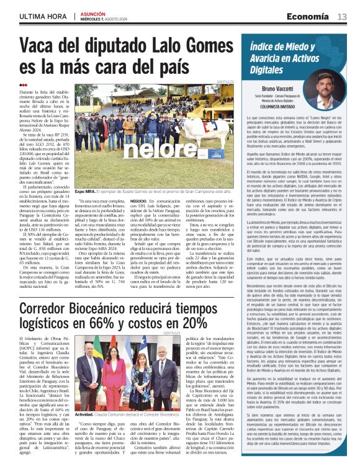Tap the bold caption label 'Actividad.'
(x=86, y=431)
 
